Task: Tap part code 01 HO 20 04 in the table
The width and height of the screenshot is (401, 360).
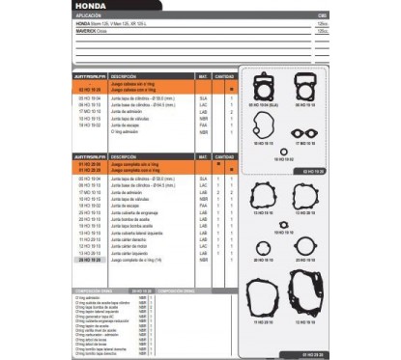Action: [88, 164]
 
